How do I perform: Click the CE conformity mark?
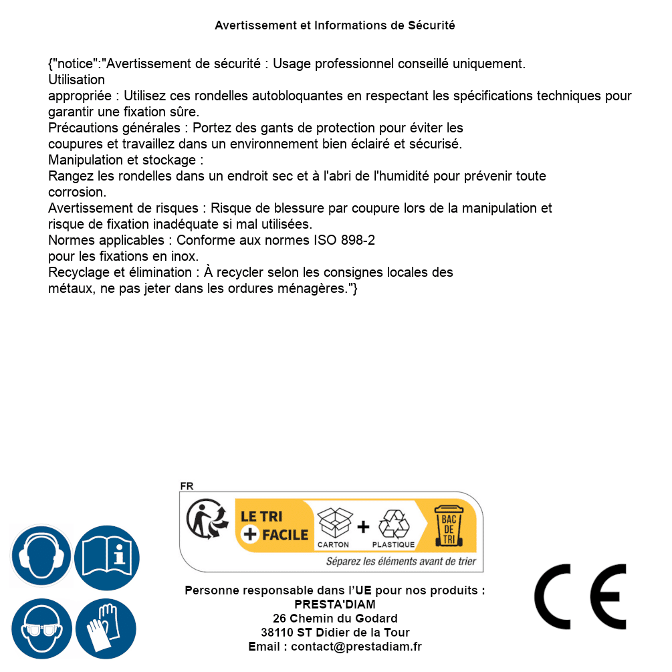point(580,596)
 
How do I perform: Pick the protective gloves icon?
point(106,629)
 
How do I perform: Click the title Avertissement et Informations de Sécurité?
point(335,25)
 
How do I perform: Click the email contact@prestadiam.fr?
point(356,647)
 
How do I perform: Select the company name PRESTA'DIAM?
point(335,604)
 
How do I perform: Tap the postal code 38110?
point(277,633)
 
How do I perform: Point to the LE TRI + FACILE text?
point(274,526)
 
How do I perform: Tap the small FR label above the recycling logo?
point(187,487)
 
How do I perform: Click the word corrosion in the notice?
point(77,192)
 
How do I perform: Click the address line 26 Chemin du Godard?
point(335,619)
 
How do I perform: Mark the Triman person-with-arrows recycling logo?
point(206,520)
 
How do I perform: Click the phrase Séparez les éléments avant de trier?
point(401,562)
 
